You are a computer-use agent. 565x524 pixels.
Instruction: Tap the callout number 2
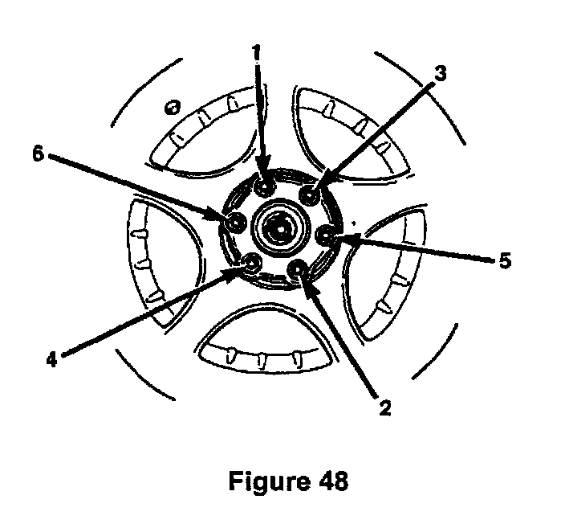pos(384,407)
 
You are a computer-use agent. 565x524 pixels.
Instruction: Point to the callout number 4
pos(52,359)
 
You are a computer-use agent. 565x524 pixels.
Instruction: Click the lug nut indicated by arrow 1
pos(262,186)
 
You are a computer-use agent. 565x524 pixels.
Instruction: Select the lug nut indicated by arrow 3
pos(311,194)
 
